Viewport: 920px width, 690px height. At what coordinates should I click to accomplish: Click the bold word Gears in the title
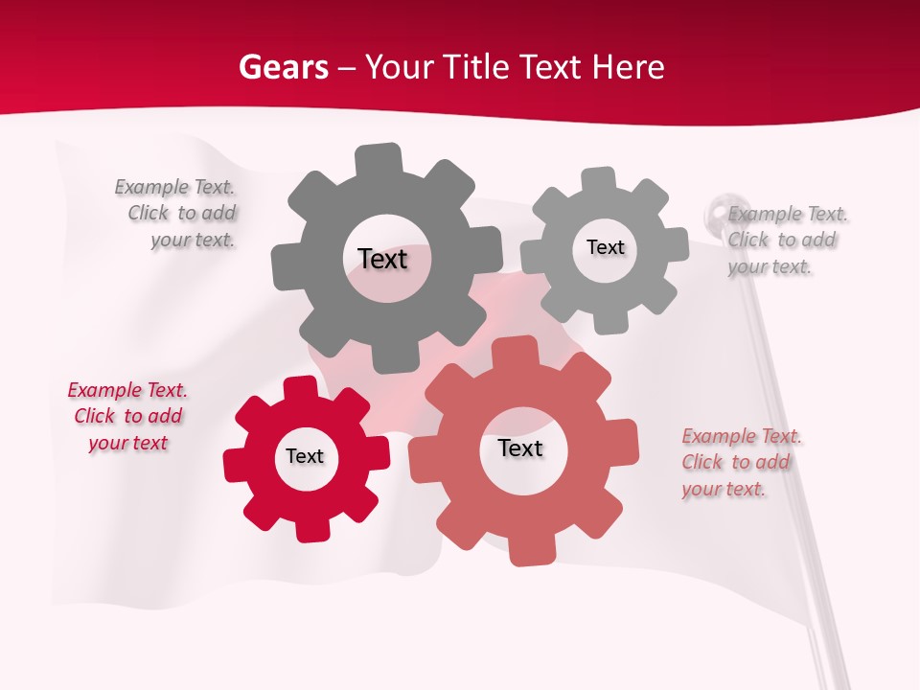click(x=283, y=67)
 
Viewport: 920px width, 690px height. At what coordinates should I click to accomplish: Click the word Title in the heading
click(x=479, y=67)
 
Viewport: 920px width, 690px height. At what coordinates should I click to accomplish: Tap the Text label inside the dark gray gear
click(x=382, y=259)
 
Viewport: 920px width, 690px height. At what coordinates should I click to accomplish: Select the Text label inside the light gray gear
click(x=605, y=247)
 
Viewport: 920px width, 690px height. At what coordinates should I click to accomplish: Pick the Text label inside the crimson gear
click(x=305, y=456)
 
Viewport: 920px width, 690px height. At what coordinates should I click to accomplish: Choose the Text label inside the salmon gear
click(x=520, y=448)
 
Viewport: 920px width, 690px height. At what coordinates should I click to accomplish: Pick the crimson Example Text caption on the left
click(x=127, y=416)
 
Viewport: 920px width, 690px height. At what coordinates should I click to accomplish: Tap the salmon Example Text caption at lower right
click(x=740, y=462)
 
